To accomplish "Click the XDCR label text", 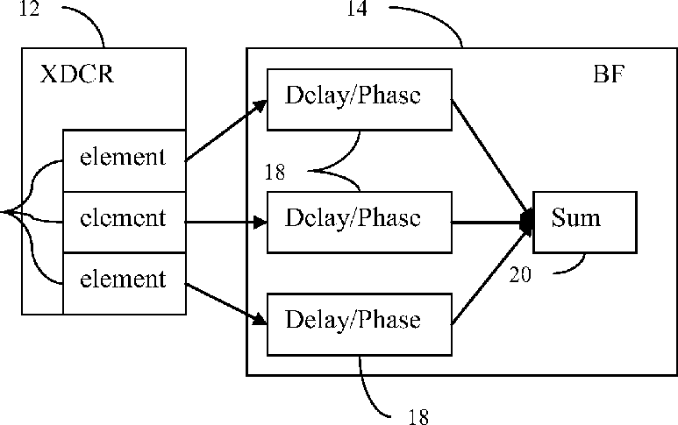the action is [x=77, y=74].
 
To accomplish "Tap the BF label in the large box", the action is [x=609, y=74].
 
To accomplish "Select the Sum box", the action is [x=585, y=222].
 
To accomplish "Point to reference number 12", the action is [x=30, y=9].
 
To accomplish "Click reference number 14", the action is [x=357, y=9].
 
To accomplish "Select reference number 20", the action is [x=520, y=274].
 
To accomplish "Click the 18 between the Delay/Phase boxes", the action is [x=275, y=172].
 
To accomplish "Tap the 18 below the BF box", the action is [x=418, y=416].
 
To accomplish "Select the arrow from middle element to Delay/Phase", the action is [x=226, y=222].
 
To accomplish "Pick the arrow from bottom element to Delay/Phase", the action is [x=226, y=303].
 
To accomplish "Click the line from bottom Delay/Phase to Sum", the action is [x=492, y=276].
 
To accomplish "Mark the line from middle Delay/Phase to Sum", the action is [x=492, y=222].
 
